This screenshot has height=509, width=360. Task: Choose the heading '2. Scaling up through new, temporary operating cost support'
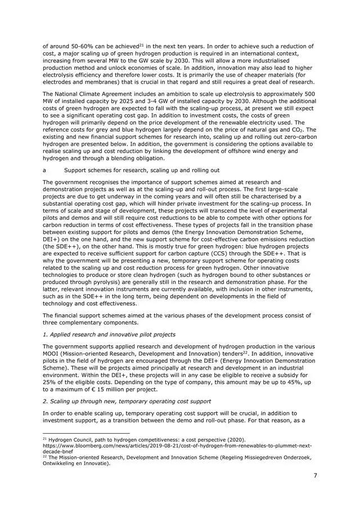click(x=130, y=401)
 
